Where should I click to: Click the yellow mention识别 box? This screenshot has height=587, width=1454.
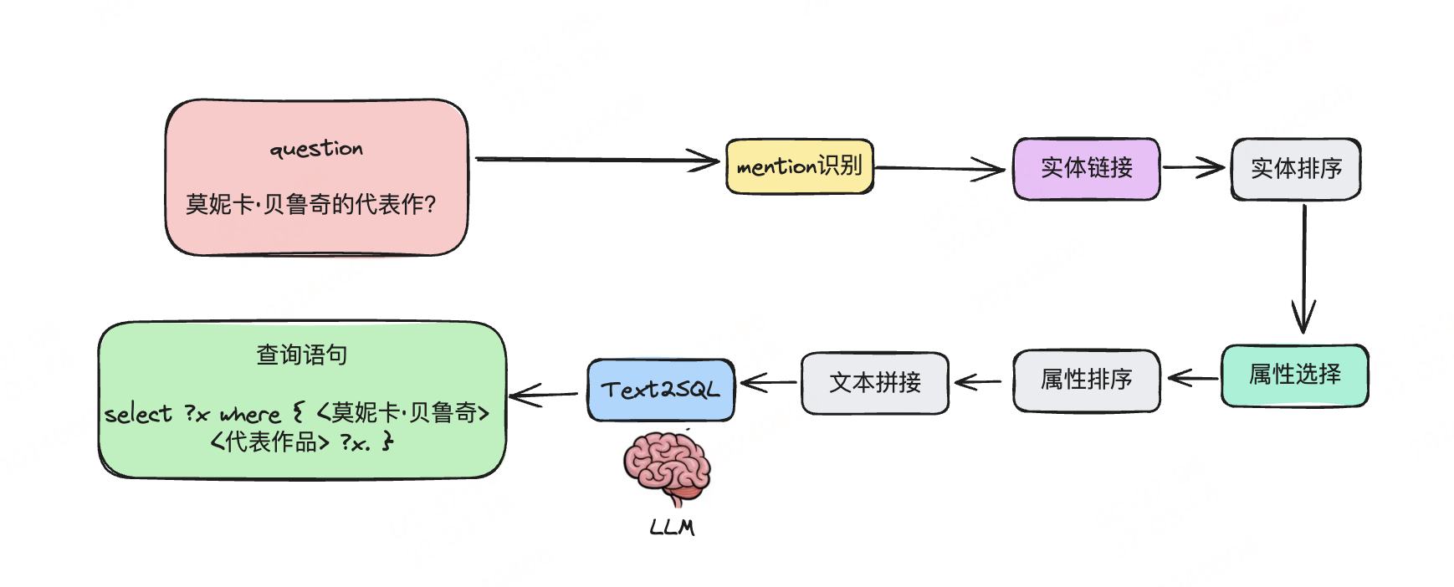click(799, 166)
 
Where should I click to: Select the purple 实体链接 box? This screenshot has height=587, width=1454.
click(1086, 168)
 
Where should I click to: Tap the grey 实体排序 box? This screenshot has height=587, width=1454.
click(1295, 169)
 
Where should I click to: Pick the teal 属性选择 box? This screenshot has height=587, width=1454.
click(1294, 375)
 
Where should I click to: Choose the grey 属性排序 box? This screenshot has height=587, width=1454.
click(1086, 380)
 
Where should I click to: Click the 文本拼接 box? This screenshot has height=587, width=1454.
click(874, 383)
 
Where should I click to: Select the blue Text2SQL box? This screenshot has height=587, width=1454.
click(660, 390)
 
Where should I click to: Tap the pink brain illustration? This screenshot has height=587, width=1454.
click(667, 467)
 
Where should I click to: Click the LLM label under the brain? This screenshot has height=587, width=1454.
click(672, 528)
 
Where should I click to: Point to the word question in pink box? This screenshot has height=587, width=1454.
click(316, 149)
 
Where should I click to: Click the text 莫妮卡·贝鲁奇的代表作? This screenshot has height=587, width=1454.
click(310, 204)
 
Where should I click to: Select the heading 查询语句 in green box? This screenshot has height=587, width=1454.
click(301, 355)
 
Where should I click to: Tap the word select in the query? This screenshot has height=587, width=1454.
click(138, 414)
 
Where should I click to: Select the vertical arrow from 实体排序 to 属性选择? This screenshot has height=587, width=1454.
click(1303, 268)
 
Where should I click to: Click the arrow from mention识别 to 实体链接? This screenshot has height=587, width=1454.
click(937, 168)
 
